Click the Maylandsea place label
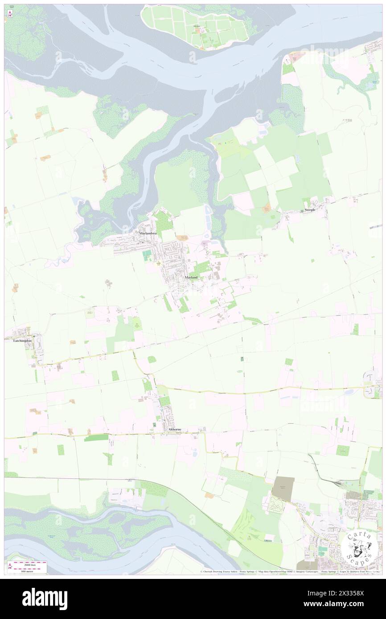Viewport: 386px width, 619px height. [x=147, y=233]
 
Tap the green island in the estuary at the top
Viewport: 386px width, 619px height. [x=195, y=28]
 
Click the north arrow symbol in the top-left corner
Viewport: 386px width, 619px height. [x=10, y=14]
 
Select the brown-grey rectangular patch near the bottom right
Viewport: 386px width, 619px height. [x=283, y=486]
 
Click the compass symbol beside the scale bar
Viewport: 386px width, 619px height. [x=10, y=566]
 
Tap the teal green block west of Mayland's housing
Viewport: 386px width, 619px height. [x=147, y=256]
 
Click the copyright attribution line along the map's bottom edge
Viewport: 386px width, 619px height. [x=290, y=572]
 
